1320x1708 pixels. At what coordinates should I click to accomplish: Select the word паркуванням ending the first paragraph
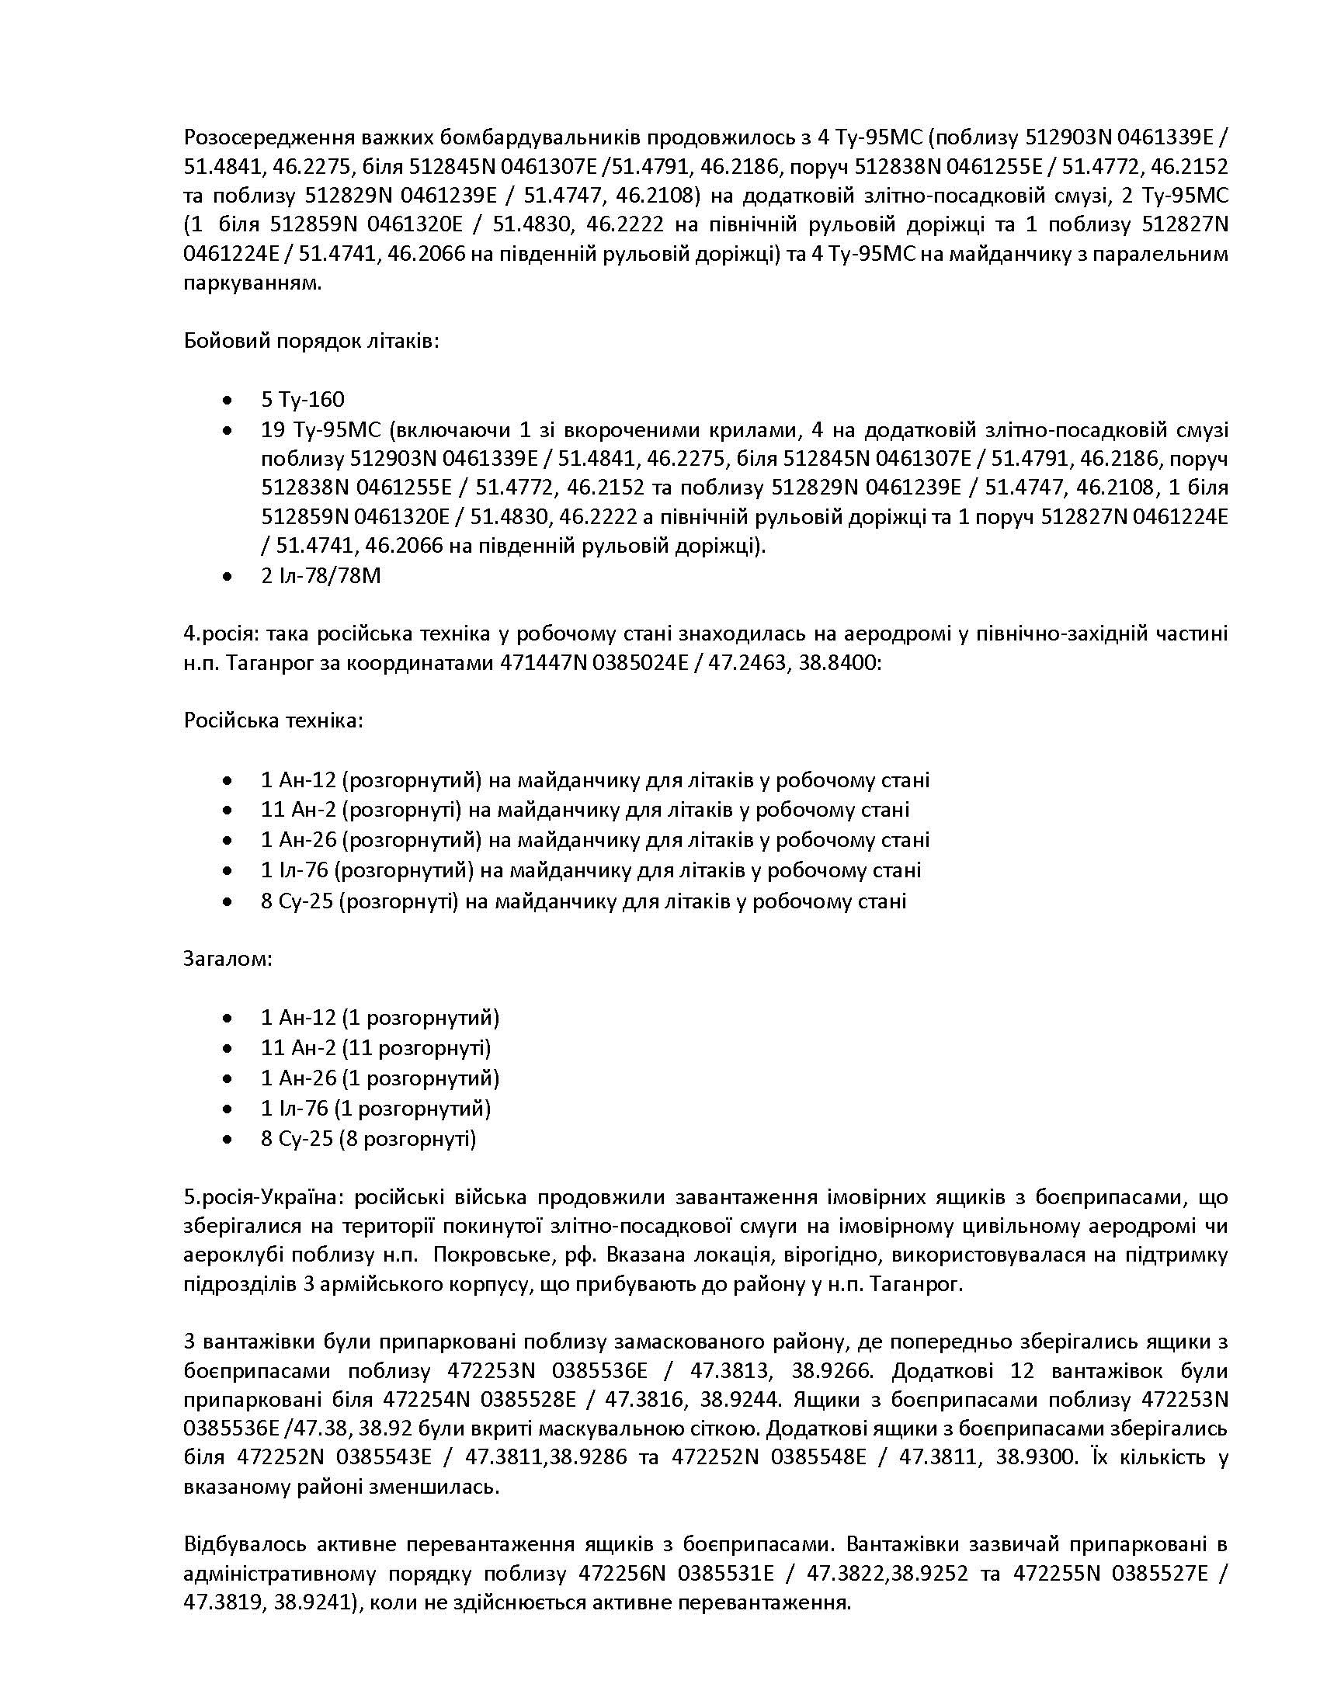(251, 283)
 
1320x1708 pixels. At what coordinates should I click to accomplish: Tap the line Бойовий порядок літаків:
(311, 341)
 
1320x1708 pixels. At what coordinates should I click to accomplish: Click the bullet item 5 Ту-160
(303, 400)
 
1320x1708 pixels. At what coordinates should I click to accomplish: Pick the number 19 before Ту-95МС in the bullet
(272, 429)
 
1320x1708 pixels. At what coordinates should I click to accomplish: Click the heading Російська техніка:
(273, 720)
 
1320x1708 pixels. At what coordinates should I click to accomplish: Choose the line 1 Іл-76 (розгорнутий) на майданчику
(590, 870)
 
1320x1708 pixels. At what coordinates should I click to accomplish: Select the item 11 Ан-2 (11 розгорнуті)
(375, 1047)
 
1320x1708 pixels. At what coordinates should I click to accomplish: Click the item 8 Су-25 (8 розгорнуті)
(368, 1138)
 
